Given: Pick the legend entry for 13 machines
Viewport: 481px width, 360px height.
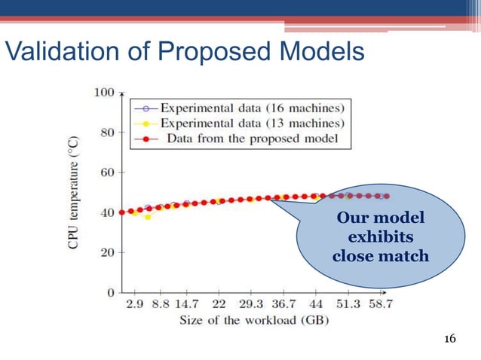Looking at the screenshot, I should (x=241, y=124).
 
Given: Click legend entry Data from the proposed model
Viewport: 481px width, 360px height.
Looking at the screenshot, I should (x=241, y=139).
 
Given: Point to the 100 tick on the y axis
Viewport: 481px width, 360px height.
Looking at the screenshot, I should (x=103, y=93).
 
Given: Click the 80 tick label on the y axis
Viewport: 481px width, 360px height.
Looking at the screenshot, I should (x=106, y=133).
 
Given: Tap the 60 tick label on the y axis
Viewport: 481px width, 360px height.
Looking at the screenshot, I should (x=106, y=172).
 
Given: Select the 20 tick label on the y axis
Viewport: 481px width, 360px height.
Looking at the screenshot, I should (x=106, y=252).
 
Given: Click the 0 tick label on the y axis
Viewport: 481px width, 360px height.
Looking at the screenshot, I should (x=110, y=292).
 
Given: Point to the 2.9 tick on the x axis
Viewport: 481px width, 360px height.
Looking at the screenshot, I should (x=135, y=305).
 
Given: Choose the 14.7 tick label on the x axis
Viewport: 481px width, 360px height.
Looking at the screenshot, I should (x=186, y=305).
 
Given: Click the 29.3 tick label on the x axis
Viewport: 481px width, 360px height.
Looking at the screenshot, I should (x=251, y=305).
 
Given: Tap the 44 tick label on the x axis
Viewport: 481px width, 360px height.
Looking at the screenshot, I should (x=316, y=305).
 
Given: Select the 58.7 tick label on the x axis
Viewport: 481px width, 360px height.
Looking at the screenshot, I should (x=379, y=305).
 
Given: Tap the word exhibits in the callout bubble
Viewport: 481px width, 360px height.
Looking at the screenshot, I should (x=380, y=237).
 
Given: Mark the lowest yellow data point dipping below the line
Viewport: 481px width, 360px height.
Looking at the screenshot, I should (x=148, y=217).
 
